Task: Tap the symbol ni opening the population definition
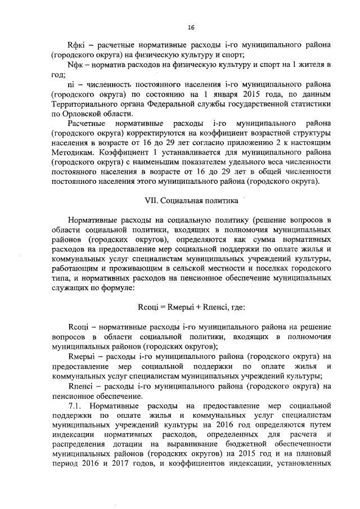pos(71,85)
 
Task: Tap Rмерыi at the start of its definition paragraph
pos(80,356)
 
